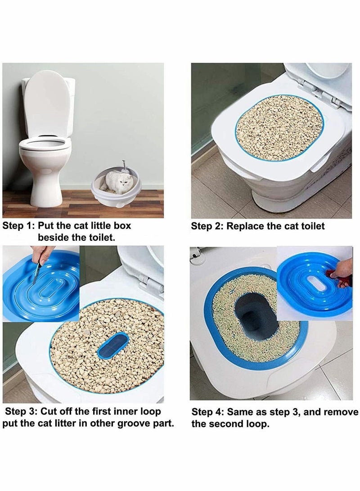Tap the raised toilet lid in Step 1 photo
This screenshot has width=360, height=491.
pos(46,104)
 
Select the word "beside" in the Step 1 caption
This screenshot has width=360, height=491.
pos(54,237)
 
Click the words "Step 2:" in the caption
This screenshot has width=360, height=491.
pos(207,226)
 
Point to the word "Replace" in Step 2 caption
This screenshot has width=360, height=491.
pos(245,226)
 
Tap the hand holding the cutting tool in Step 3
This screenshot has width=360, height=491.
pos(43,253)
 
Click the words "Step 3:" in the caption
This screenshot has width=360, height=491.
pos(21,411)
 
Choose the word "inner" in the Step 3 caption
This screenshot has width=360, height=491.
pos(121,411)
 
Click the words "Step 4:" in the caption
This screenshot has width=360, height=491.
pos(207,412)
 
